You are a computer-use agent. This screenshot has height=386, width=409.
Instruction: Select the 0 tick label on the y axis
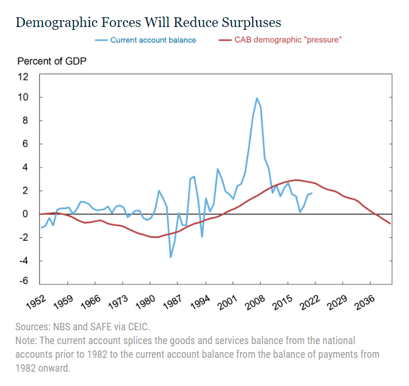pyautogui.click(x=26, y=214)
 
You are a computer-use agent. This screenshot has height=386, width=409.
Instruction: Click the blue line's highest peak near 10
pyautogui.click(x=257, y=98)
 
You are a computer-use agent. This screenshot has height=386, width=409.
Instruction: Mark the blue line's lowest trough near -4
pyautogui.click(x=171, y=257)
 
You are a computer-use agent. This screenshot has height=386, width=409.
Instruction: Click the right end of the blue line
pyautogui.click(x=312, y=194)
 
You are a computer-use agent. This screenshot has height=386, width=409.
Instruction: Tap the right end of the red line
pyautogui.click(x=391, y=223)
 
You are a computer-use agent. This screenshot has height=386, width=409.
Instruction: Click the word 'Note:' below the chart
pyautogui.click(x=28, y=341)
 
